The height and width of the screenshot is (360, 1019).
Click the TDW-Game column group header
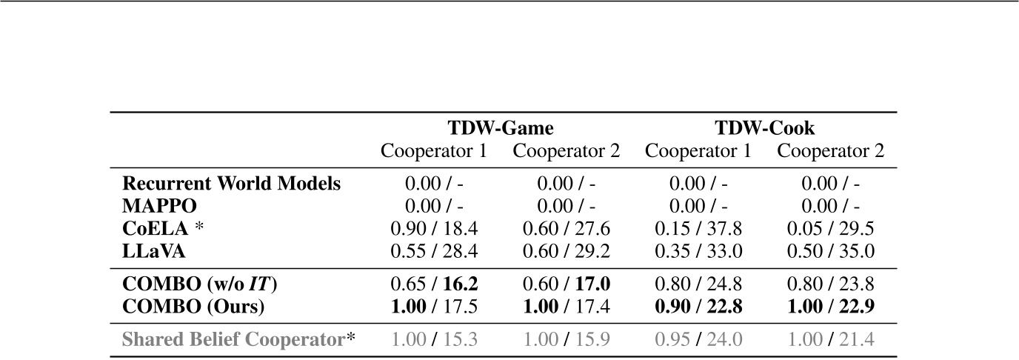(500, 128)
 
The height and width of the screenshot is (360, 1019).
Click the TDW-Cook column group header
(764, 128)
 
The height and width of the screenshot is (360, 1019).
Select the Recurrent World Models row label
(231, 184)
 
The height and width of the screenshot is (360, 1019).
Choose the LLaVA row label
(153, 251)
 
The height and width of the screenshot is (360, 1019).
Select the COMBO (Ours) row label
(193, 305)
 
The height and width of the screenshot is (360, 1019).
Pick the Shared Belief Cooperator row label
(238, 339)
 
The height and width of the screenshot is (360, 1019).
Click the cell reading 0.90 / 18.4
(434, 229)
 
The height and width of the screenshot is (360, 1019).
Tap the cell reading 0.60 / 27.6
(567, 229)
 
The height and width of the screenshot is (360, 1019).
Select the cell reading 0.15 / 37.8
(698, 229)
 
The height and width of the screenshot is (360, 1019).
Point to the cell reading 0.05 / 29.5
(830, 229)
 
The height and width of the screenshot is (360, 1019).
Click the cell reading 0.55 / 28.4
(434, 251)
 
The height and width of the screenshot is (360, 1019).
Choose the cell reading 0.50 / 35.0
(830, 251)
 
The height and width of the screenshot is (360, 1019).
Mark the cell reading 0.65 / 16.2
(434, 283)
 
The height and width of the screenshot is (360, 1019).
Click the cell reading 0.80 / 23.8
(830, 283)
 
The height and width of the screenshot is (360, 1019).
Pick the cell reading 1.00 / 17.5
(434, 305)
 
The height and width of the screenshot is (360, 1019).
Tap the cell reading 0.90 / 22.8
(698, 305)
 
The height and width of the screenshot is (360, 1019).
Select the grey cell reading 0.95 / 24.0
(698, 339)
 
